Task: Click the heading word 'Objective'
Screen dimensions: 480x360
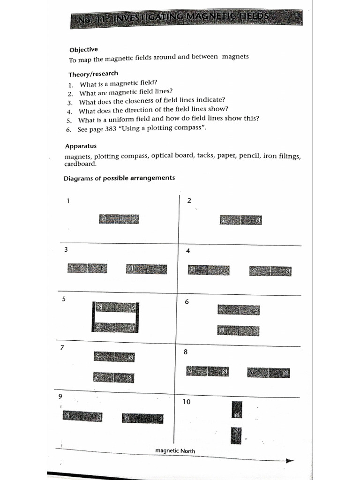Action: (83, 50)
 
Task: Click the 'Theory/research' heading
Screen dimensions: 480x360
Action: (93, 74)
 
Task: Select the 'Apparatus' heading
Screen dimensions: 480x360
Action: (81, 146)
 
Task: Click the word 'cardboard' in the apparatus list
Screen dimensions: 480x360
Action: (80, 164)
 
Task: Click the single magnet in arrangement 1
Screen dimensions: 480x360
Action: (119, 219)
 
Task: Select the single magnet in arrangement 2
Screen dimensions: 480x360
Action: (241, 220)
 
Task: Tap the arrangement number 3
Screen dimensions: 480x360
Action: (66, 250)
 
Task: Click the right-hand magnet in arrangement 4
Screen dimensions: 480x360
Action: (270, 271)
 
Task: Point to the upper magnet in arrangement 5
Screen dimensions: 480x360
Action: (116, 307)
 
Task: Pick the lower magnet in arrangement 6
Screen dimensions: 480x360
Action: (238, 330)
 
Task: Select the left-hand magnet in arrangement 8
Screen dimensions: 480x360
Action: (207, 371)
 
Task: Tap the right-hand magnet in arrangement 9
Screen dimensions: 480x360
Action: (142, 418)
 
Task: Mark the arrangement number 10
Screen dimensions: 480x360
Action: (187, 402)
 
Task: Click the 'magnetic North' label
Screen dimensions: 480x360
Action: (175, 451)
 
